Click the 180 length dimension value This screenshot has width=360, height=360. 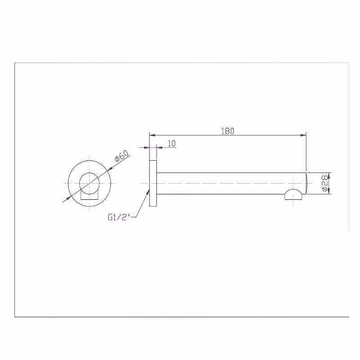pos(228,131)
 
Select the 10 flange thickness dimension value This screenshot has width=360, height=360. pos(172,144)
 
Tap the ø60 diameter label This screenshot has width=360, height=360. pos(121,156)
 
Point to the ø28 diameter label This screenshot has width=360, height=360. pos(324,183)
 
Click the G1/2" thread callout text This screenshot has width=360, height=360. pos(119,217)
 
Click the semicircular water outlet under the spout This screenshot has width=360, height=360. pos(293,194)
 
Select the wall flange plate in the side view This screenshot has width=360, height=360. pos(153,183)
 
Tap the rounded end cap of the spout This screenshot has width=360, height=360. pos(306,183)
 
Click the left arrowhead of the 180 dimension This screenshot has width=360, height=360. pos(153,135)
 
